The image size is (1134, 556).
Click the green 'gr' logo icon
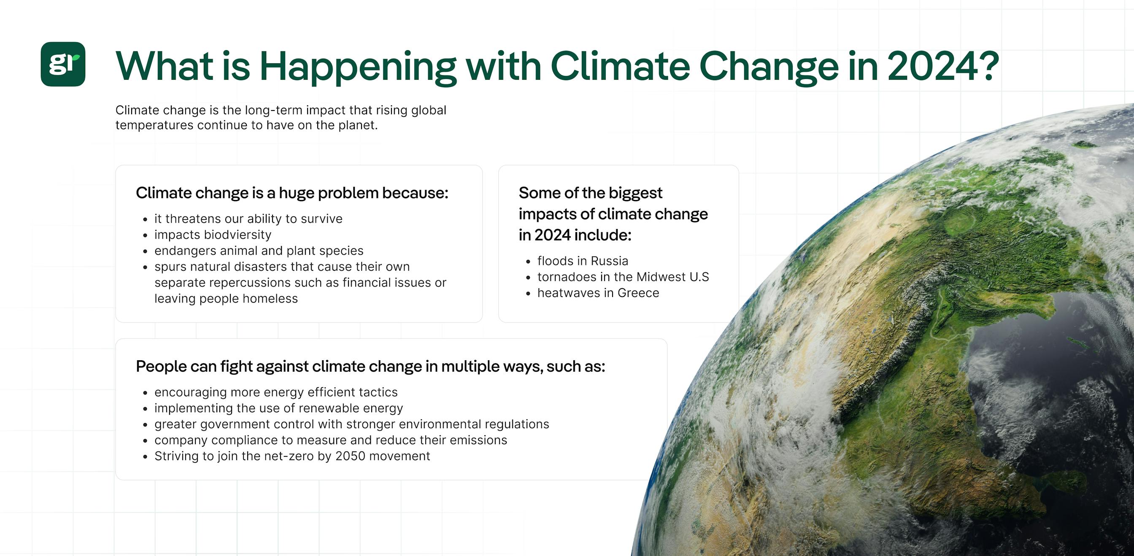pos(63,64)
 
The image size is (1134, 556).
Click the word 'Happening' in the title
pos(358,67)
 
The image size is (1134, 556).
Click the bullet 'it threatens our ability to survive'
pos(248,219)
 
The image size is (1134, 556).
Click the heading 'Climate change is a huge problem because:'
pos(292,193)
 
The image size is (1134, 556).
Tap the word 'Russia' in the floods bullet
pos(609,261)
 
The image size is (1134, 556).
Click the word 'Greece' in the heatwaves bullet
pos(638,293)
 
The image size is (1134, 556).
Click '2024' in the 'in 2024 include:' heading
pos(553,235)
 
